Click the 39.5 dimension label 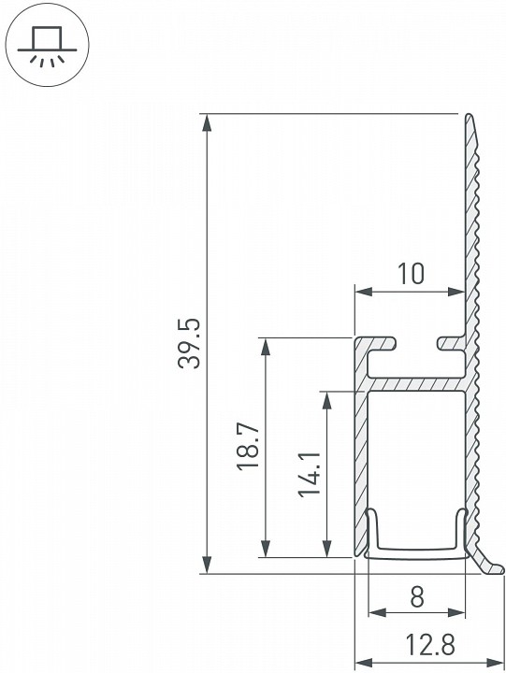pyautogui.click(x=189, y=344)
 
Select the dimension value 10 pyautogui.click(x=410, y=274)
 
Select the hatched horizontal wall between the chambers pyautogui.click(x=416, y=384)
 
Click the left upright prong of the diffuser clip pyautogui.click(x=372, y=529)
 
